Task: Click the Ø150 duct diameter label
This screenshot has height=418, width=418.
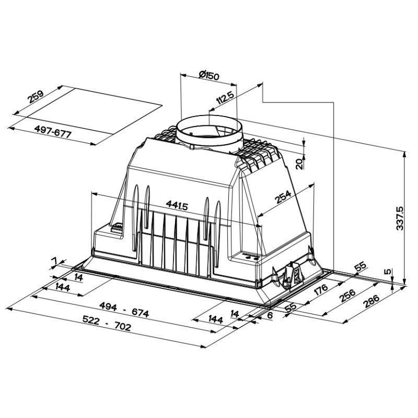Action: click(x=208, y=76)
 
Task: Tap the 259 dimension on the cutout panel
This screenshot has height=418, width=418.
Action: click(x=36, y=97)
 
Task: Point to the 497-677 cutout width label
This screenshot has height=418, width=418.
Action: click(x=53, y=132)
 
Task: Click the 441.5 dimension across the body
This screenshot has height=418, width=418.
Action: click(x=177, y=205)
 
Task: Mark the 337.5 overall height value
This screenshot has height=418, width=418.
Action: click(x=400, y=218)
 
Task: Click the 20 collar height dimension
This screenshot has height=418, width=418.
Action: click(x=299, y=164)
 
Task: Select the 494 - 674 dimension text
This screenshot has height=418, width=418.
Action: click(x=124, y=309)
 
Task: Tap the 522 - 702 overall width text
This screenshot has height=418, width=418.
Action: click(x=107, y=323)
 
